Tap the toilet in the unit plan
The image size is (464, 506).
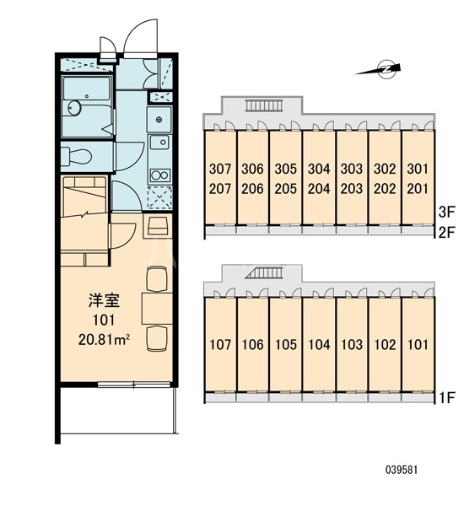(78, 156)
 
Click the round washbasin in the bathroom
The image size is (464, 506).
(74, 107)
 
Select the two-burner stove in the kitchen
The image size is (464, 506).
(160, 175)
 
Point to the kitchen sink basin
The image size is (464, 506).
(159, 142)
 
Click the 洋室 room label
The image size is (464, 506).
(104, 300)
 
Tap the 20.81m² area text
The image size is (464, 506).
(104, 340)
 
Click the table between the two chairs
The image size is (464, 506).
(157, 309)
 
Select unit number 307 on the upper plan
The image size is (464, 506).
(220, 169)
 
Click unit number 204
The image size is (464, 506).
(319, 189)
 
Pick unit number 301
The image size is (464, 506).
(418, 169)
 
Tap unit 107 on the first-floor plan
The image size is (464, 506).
(220, 345)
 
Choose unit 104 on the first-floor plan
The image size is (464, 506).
(319, 345)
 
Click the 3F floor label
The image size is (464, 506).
(447, 212)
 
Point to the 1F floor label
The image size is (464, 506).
(447, 397)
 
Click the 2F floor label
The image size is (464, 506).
(447, 232)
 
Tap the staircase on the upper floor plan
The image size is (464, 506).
(264, 105)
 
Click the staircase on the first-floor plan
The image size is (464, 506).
(264, 273)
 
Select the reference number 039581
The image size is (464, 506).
(402, 470)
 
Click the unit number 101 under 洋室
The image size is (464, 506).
(104, 320)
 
